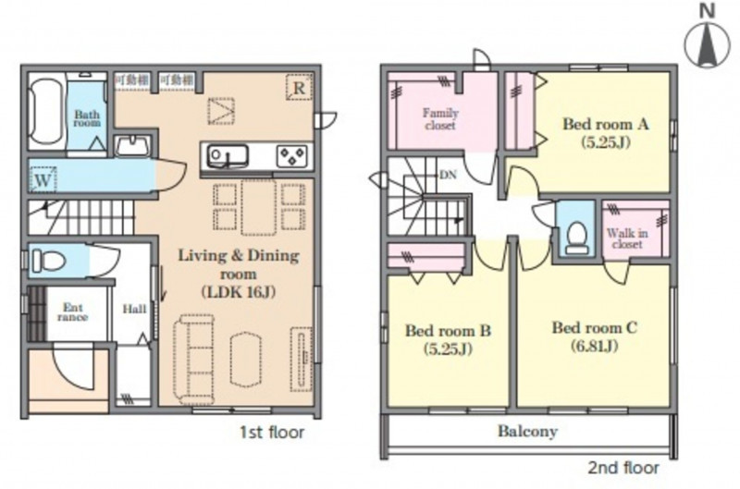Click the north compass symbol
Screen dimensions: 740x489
[707, 42]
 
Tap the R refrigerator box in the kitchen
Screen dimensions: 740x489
[299, 88]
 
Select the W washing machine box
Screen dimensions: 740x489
[43, 179]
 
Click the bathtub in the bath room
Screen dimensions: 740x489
[45, 112]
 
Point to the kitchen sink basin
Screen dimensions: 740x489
[228, 155]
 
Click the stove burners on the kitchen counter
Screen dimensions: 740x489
[292, 155]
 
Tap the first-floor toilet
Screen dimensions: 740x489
[48, 261]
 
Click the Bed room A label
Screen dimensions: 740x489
[606, 124]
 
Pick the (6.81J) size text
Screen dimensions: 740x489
[594, 347]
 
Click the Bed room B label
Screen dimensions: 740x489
[448, 330]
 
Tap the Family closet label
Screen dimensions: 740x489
[440, 119]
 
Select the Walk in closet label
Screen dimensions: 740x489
[627, 238]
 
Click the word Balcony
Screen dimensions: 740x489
[527, 431]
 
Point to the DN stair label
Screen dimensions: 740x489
[448, 175]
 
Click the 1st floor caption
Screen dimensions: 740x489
[272, 432]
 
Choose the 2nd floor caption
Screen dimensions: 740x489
[623, 468]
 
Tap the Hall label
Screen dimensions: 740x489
[134, 310]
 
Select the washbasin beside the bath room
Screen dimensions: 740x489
[133, 146]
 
